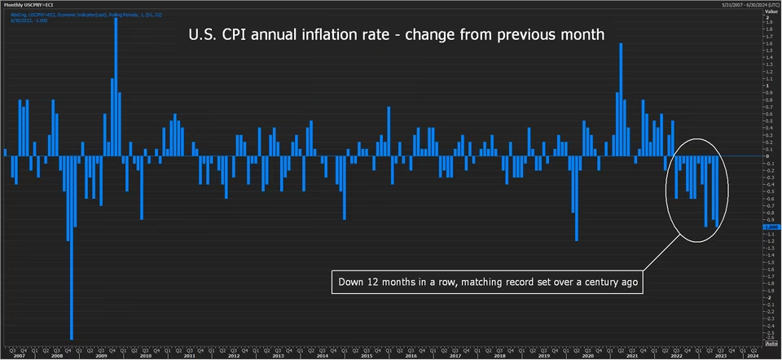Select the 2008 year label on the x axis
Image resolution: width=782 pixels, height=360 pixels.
pyautogui.click(x=56, y=356)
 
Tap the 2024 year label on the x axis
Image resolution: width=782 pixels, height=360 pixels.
pyautogui.click(x=752, y=356)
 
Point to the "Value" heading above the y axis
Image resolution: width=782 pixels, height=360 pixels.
pyautogui.click(x=771, y=11)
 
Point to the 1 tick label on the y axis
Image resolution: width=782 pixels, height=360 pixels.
pyautogui.click(x=767, y=85)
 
